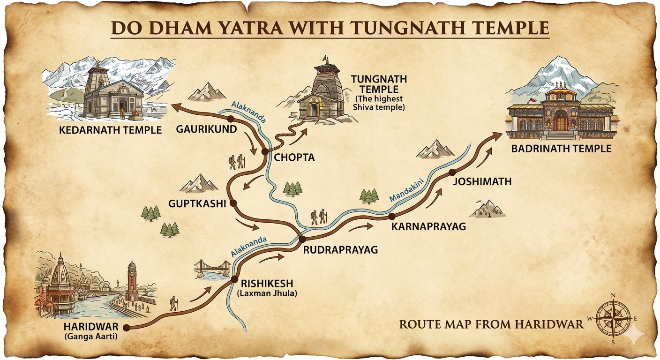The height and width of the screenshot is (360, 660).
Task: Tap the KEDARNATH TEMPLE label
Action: point(110,130)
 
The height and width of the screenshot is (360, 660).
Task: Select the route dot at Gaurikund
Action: point(230,119)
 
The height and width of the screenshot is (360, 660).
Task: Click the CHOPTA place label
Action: point(294,157)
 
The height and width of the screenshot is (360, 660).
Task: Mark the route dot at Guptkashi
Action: point(233,203)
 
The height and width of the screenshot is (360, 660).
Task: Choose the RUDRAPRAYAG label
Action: point(340,250)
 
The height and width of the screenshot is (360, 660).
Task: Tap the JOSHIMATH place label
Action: point(482,181)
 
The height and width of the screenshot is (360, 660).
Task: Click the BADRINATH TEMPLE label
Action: point(562,149)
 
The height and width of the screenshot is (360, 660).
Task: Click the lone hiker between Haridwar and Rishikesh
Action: point(174,304)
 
